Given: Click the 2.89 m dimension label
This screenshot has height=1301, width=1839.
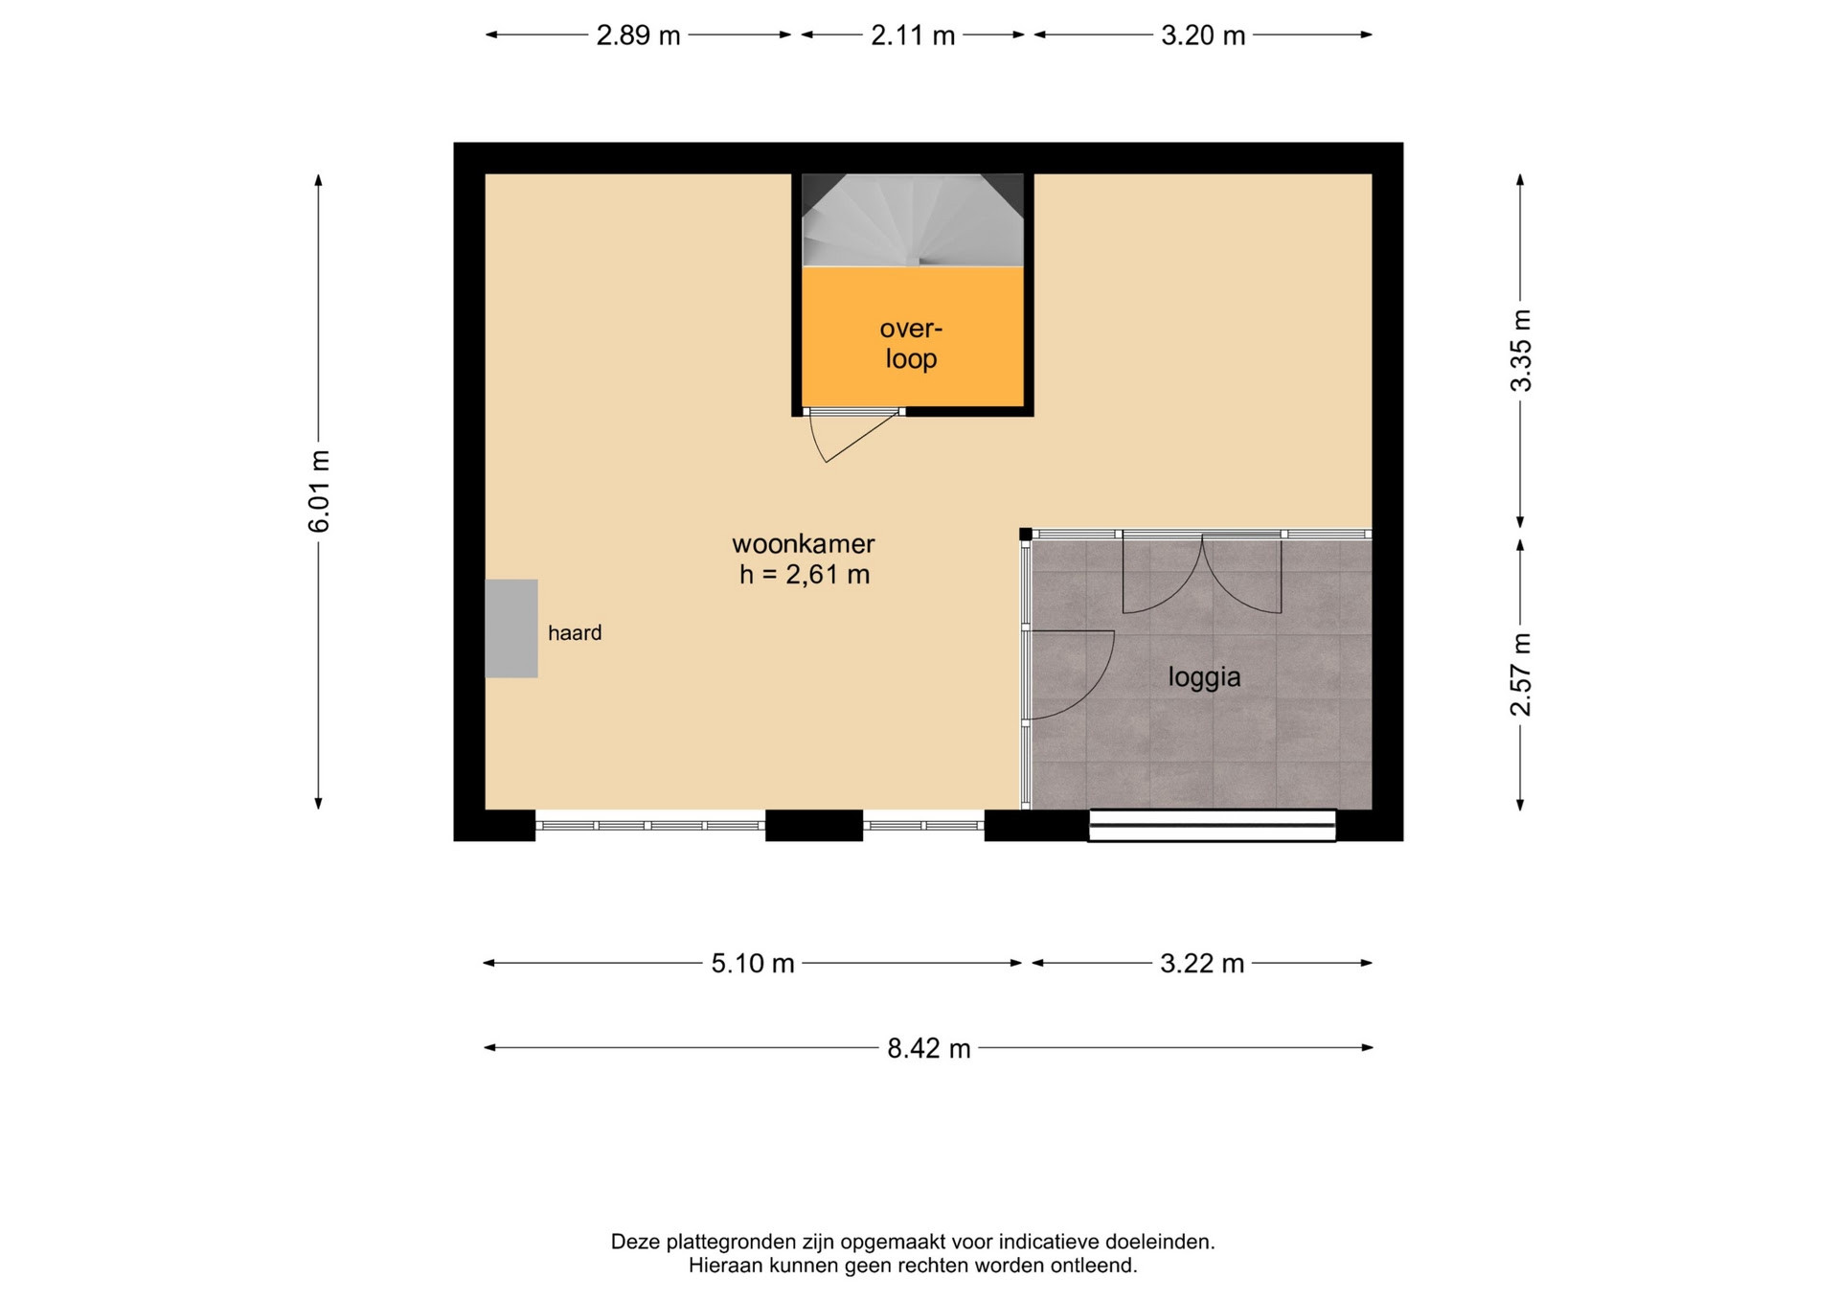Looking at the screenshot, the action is [x=638, y=35].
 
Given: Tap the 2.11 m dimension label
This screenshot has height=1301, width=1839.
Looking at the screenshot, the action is [x=913, y=35].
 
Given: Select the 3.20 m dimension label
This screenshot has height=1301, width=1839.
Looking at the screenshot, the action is [x=1203, y=35].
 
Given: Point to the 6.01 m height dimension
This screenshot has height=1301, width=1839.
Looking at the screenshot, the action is [x=319, y=491].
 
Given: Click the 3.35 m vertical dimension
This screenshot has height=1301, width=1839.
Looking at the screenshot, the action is [x=1521, y=351].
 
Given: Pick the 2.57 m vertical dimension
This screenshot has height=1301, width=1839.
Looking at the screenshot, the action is [x=1521, y=674].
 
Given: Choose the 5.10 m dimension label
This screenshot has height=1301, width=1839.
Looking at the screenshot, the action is [x=753, y=963].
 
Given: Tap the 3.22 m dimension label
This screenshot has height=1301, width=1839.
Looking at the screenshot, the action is [x=1202, y=963].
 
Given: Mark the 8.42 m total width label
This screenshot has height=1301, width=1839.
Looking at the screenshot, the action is [x=929, y=1048].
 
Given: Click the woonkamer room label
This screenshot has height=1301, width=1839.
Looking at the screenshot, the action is [x=804, y=544].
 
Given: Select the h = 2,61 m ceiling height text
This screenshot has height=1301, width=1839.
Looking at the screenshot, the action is [x=805, y=575].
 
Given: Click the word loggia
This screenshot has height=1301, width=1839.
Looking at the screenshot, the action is [x=1204, y=678].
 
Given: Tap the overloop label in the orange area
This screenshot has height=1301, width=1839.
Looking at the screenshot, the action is [x=911, y=344].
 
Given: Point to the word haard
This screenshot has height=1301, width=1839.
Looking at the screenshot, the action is [x=575, y=633].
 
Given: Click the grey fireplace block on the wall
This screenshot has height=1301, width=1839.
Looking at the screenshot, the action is [x=511, y=628].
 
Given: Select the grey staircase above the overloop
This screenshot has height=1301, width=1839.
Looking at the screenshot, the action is [x=913, y=219].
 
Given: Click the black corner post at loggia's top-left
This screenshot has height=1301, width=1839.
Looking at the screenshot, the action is [x=1025, y=534].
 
